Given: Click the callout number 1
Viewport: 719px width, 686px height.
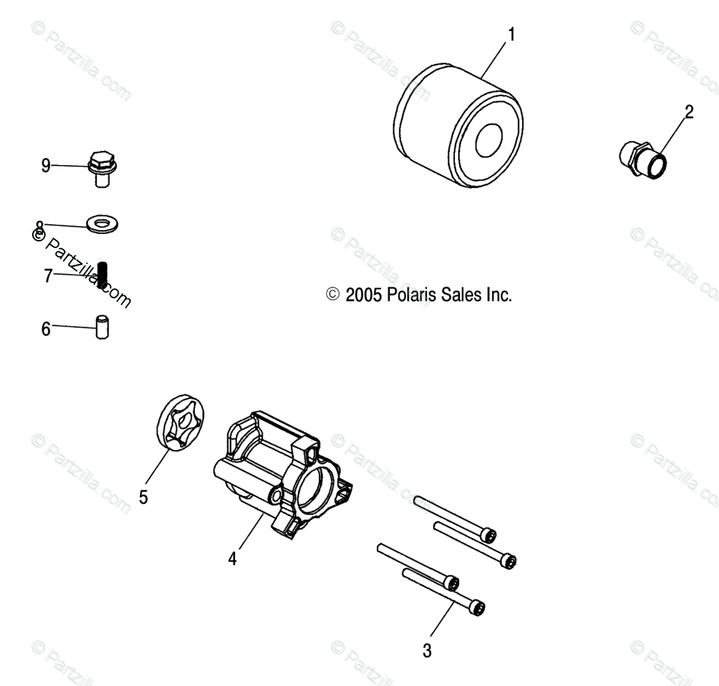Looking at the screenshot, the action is [x=511, y=34].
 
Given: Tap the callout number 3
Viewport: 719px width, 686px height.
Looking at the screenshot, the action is [x=427, y=650].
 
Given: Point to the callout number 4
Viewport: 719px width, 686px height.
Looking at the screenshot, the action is [x=233, y=558].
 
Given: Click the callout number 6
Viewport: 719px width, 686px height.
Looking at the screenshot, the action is [x=46, y=329].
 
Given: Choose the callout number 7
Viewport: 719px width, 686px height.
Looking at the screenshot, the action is [x=48, y=276].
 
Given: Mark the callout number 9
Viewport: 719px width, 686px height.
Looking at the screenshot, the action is [x=46, y=165].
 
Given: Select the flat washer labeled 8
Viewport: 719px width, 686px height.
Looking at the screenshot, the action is [x=104, y=222].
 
